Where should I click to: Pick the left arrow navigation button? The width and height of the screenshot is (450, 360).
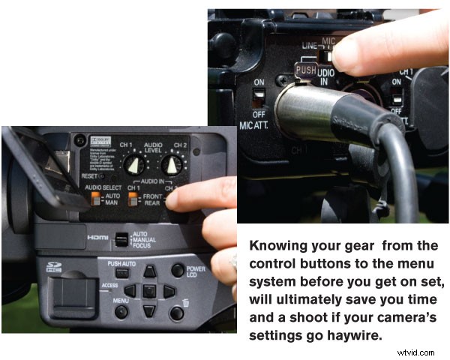tap(130, 290)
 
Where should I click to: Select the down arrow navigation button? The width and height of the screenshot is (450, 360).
tap(150, 309)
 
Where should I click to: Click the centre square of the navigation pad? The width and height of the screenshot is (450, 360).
tap(150, 290)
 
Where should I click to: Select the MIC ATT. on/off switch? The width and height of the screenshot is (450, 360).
tap(259, 97)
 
